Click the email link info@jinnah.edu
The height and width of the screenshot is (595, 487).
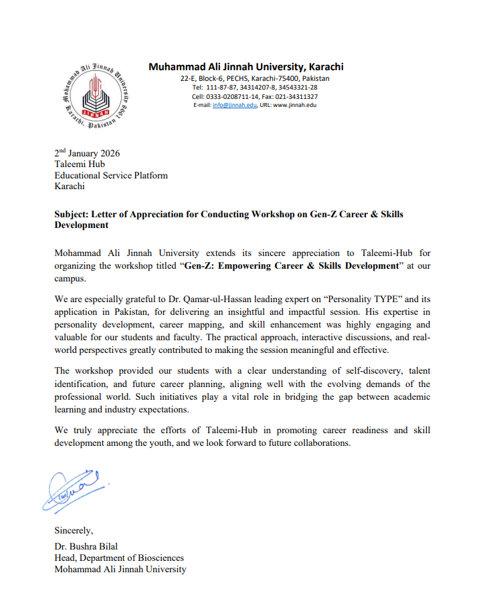pyautogui.click(x=229, y=105)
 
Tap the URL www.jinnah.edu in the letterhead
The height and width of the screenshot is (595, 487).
pyautogui.click(x=294, y=105)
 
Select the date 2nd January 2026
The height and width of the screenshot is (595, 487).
pyautogui.click(x=87, y=153)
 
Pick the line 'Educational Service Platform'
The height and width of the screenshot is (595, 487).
pyautogui.click(x=110, y=175)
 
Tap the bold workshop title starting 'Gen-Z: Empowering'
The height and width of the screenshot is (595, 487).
pyautogui.click(x=279, y=265)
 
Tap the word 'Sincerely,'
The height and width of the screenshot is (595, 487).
pyautogui.click(x=74, y=531)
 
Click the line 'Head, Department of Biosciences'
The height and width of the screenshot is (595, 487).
pyautogui.click(x=119, y=558)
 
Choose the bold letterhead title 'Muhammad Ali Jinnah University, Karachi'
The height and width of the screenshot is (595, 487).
pyautogui.click(x=246, y=66)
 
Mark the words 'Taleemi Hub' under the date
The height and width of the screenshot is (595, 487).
pyautogui.click(x=80, y=164)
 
